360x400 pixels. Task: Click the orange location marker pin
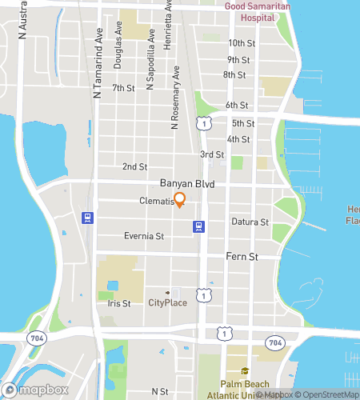tap(179, 200)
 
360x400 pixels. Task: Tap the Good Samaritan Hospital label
tap(258, 11)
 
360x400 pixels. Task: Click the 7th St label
tap(122, 88)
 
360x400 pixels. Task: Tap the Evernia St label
tap(144, 237)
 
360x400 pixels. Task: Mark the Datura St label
tap(250, 222)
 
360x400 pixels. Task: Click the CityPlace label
tap(167, 303)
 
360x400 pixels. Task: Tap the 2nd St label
tap(135, 167)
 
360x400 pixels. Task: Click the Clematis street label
tap(156, 202)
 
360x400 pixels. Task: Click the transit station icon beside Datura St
tap(197, 227)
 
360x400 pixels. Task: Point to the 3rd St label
tap(211, 154)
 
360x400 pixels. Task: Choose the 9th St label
tap(238, 60)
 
